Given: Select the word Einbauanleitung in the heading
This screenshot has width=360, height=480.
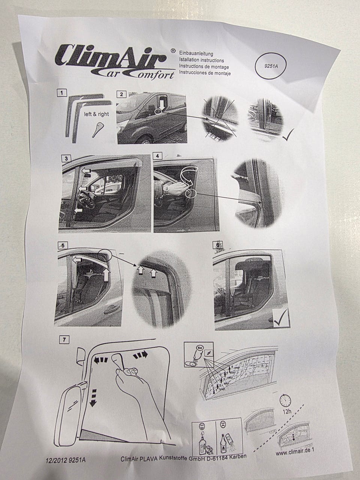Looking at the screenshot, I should [197, 54].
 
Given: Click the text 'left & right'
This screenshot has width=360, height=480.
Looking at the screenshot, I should [97, 114].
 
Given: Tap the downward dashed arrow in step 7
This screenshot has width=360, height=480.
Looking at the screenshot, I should [93, 397].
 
